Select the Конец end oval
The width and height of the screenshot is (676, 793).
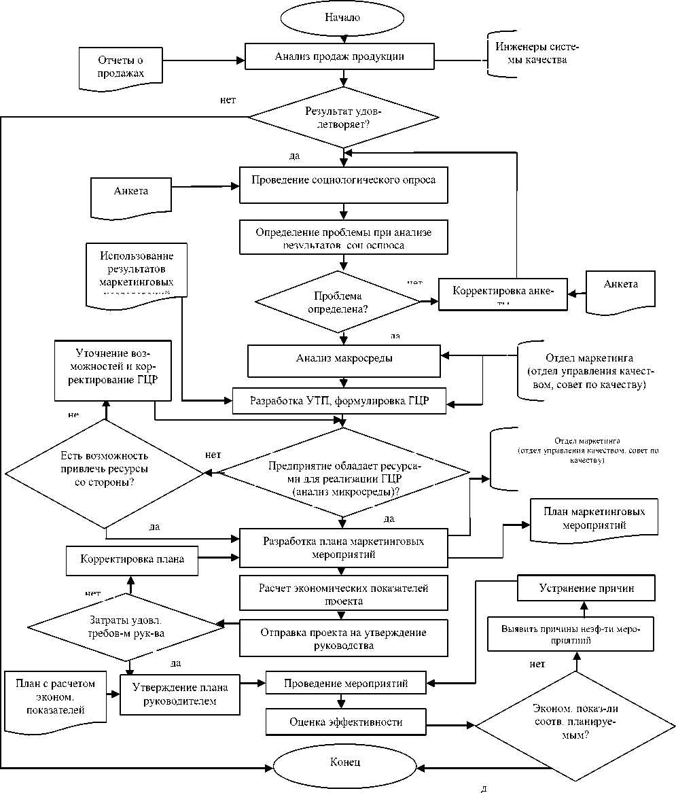[x=344, y=762]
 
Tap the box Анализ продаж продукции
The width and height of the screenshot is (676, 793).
[x=339, y=56]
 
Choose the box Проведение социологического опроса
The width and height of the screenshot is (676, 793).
[x=343, y=181]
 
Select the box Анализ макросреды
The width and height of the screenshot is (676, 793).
[x=343, y=358]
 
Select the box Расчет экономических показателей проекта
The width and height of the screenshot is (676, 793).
[x=343, y=593]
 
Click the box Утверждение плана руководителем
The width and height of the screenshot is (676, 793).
[x=180, y=694]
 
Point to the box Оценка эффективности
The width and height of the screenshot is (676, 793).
[x=345, y=722]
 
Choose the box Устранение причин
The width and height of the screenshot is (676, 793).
[x=586, y=588]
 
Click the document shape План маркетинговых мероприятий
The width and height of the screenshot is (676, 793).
[x=594, y=518]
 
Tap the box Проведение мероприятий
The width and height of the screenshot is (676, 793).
[x=345, y=684]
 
